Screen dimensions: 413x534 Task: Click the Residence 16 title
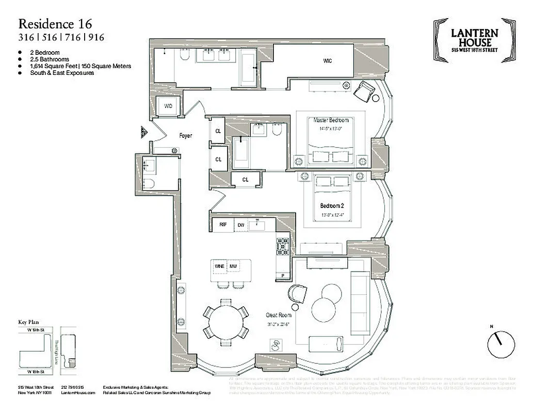click(x=53, y=23)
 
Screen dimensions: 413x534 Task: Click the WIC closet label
click(x=327, y=61)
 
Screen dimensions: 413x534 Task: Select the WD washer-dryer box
click(x=168, y=106)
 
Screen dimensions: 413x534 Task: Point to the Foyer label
click(x=185, y=136)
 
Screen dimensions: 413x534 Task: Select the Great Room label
click(x=279, y=315)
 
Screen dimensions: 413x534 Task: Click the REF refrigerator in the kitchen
click(x=223, y=225)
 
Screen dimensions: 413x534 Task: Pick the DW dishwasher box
click(x=241, y=225)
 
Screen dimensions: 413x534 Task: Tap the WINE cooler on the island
click(x=219, y=266)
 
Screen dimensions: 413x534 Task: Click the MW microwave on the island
click(x=234, y=266)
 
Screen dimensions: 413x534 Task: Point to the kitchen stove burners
click(x=283, y=246)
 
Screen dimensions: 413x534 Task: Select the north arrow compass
click(x=501, y=342)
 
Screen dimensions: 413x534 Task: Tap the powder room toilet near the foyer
click(x=149, y=183)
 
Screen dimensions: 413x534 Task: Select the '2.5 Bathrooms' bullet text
click(x=49, y=59)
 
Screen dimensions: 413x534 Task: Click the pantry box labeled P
click(x=283, y=276)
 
